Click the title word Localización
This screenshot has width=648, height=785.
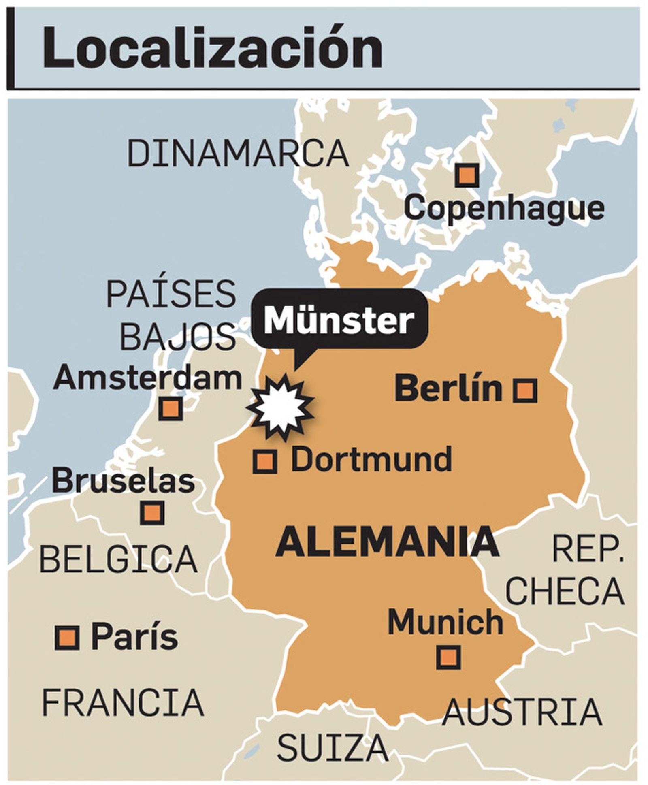click(212, 48)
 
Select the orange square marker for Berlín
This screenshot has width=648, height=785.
click(525, 391)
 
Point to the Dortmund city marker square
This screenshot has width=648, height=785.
click(265, 461)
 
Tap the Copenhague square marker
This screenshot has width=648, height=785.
click(467, 175)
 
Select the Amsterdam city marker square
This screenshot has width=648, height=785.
click(171, 409)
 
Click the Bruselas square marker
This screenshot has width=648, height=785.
click(152, 512)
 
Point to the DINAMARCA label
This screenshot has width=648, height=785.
click(238, 154)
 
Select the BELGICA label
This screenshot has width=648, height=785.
click(118, 559)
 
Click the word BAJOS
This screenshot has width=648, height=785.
click(178, 337)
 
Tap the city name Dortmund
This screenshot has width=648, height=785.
click(371, 460)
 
